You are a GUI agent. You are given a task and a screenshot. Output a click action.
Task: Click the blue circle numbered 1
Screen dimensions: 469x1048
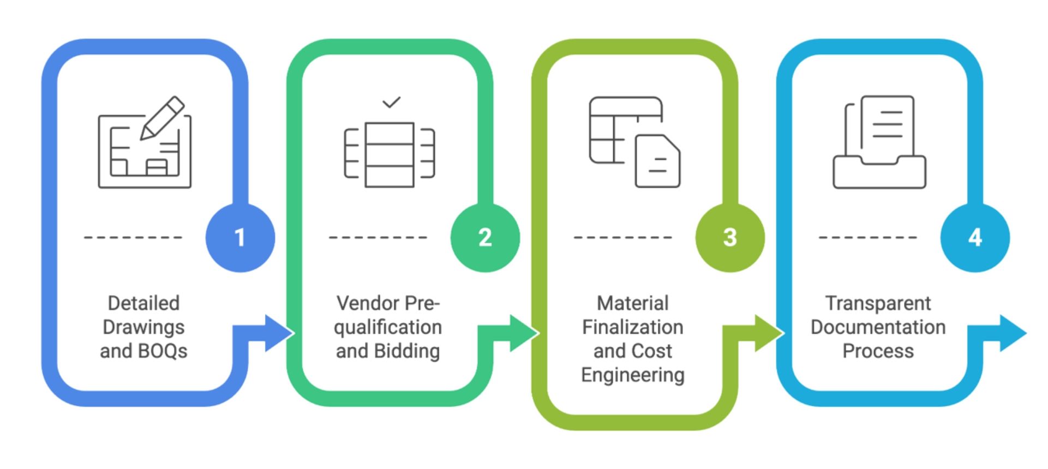pyautogui.click(x=240, y=238)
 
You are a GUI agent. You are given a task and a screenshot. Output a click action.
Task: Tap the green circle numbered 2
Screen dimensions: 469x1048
pyautogui.click(x=484, y=238)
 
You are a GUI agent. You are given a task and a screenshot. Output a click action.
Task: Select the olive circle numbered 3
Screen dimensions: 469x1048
pyautogui.click(x=729, y=238)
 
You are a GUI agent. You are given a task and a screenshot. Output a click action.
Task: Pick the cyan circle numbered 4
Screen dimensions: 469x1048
pyautogui.click(x=974, y=238)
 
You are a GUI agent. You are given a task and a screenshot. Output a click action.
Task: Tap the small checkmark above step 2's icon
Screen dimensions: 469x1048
pyautogui.click(x=391, y=102)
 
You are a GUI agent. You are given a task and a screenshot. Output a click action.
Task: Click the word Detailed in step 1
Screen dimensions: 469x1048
pyautogui.click(x=143, y=303)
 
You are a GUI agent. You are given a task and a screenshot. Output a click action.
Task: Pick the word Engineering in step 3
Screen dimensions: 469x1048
pyautogui.click(x=632, y=376)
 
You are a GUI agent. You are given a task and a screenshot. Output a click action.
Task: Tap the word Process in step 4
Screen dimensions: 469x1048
pyautogui.click(x=878, y=352)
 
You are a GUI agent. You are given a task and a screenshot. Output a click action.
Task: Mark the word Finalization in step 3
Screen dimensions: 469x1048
pyautogui.click(x=632, y=327)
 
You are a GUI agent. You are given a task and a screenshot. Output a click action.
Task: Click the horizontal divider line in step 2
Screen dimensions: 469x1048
pyautogui.click(x=379, y=238)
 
